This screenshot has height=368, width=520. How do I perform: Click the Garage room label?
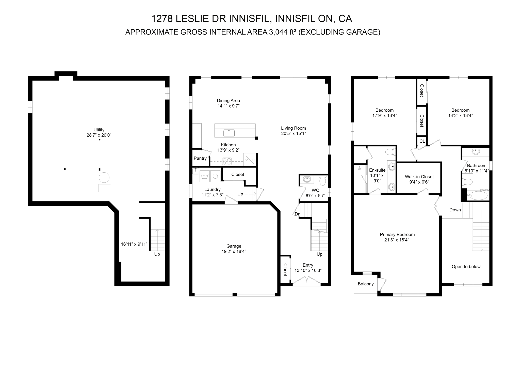(234, 246)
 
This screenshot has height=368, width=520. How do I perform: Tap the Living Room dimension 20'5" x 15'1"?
(293, 133)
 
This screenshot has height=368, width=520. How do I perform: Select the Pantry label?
(200, 158)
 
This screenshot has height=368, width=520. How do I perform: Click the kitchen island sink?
(229, 133)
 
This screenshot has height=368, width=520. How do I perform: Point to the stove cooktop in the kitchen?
(227, 161)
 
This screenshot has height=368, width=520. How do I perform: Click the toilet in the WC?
(322, 181)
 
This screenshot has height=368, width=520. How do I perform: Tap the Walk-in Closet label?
(419, 177)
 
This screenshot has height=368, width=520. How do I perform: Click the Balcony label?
(366, 284)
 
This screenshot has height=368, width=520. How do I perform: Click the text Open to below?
(466, 267)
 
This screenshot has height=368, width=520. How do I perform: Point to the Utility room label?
(99, 130)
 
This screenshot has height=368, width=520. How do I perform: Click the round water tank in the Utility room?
(104, 177)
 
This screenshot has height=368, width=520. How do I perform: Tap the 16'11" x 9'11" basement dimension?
(134, 244)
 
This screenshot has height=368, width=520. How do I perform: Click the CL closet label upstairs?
(422, 141)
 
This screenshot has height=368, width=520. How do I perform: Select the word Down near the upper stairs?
(455, 210)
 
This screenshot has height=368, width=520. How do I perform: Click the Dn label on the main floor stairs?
(298, 214)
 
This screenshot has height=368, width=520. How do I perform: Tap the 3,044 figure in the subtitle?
(277, 32)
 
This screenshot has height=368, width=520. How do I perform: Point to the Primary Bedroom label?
(397, 235)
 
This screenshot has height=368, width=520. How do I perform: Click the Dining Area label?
(228, 101)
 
